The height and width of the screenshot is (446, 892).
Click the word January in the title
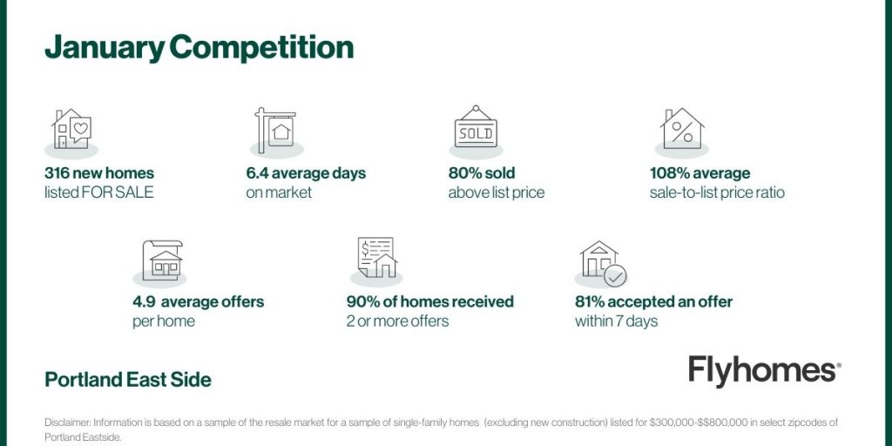[x=105, y=48]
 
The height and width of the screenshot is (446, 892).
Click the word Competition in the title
[x=261, y=48]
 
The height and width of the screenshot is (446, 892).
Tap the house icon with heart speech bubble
[x=71, y=129]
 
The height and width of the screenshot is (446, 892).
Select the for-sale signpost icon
[x=275, y=131]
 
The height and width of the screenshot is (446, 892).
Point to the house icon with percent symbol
[x=682, y=129]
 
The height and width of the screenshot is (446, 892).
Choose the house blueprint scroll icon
[x=162, y=260]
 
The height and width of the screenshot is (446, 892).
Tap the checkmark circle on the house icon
[x=615, y=276]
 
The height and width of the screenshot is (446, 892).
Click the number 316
[x=57, y=173]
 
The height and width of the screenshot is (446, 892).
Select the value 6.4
[x=256, y=173]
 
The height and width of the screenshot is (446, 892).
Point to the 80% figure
[x=463, y=173]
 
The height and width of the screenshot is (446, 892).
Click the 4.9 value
[x=142, y=301]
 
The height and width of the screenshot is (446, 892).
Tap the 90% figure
[x=361, y=301]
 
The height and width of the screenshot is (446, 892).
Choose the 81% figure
[x=588, y=301]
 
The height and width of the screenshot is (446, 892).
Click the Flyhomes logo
[x=765, y=371]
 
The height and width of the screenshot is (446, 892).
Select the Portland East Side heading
[x=128, y=380]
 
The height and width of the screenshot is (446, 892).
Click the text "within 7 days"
[x=616, y=321]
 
